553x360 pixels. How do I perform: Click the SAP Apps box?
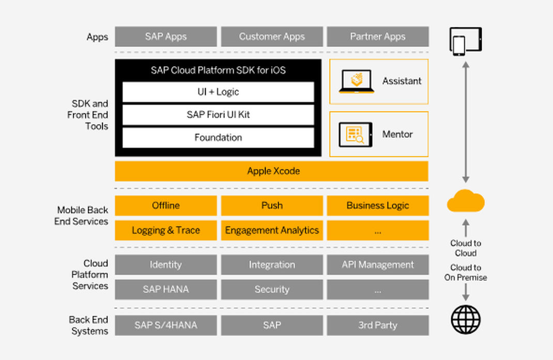click(x=165, y=37)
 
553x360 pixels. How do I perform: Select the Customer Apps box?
click(x=271, y=37)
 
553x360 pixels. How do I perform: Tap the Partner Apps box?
click(x=377, y=37)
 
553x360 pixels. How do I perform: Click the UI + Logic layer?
click(x=218, y=92)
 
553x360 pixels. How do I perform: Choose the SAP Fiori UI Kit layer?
click(x=218, y=115)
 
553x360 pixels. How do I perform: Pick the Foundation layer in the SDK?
click(x=218, y=137)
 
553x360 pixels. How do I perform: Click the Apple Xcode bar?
click(x=272, y=171)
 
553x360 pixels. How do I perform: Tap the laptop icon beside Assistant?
click(x=357, y=82)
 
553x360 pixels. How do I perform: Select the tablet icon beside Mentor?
click(x=355, y=134)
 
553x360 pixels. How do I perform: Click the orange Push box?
click(x=271, y=206)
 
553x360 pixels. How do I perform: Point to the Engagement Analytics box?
click(x=271, y=230)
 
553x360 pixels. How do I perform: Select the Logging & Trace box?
click(x=165, y=230)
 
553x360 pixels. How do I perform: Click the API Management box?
click(x=377, y=264)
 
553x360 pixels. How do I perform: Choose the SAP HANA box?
click(x=165, y=289)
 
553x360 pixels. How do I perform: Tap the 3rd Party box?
click(x=377, y=325)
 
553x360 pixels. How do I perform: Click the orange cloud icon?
click(x=465, y=201)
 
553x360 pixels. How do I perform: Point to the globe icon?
click(x=465, y=319)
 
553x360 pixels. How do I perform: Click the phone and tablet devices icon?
click(x=465, y=41)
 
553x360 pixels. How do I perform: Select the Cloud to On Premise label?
click(x=465, y=272)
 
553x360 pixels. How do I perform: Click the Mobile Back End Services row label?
click(x=82, y=216)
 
